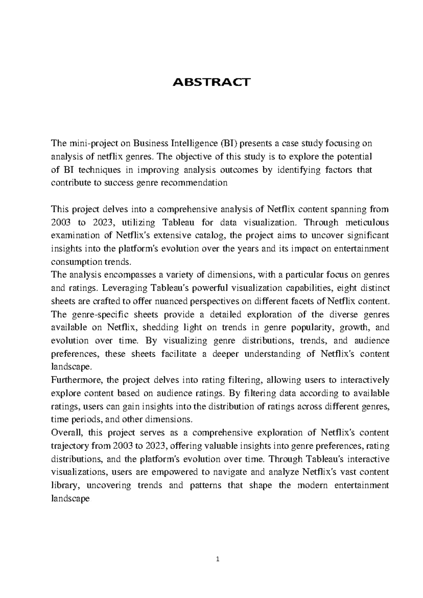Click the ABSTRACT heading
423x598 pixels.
click(211, 82)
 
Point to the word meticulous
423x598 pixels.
click(367, 222)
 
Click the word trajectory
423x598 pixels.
click(70, 446)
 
